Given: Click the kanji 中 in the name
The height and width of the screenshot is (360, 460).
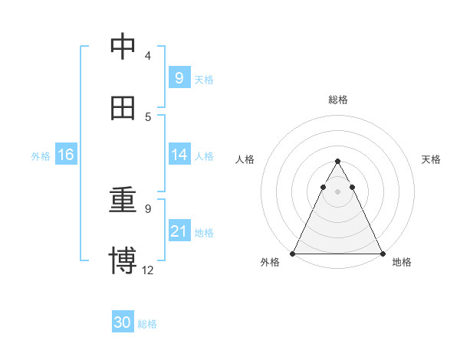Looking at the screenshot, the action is [123, 47].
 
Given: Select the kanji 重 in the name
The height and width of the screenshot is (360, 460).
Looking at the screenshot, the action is [123, 201].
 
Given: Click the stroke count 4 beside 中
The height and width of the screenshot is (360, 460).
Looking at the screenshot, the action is [148, 56].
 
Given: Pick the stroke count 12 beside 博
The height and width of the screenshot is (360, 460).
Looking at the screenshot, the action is [148, 270].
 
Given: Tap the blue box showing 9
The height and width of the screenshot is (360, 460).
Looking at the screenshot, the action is [179, 77].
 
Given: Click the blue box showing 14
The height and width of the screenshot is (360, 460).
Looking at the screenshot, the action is [179, 155].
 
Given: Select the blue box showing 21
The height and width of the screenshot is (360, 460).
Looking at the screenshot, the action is [179, 231].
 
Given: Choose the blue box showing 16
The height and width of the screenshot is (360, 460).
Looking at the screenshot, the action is [65, 155].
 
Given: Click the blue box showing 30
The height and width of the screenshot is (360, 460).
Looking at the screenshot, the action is [122, 323].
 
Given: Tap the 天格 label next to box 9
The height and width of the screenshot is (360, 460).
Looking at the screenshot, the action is [204, 79].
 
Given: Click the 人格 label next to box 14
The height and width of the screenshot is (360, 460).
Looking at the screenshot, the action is [204, 156].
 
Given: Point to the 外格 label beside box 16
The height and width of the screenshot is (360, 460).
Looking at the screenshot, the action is [41, 156].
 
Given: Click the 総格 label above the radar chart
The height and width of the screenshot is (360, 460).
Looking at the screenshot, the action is [337, 100].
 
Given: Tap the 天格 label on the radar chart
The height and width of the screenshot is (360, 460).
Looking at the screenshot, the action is [432, 159].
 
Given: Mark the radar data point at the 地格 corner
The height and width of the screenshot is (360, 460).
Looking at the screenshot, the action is [382, 253].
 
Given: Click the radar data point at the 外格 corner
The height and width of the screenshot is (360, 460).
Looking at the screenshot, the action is [293, 253].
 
